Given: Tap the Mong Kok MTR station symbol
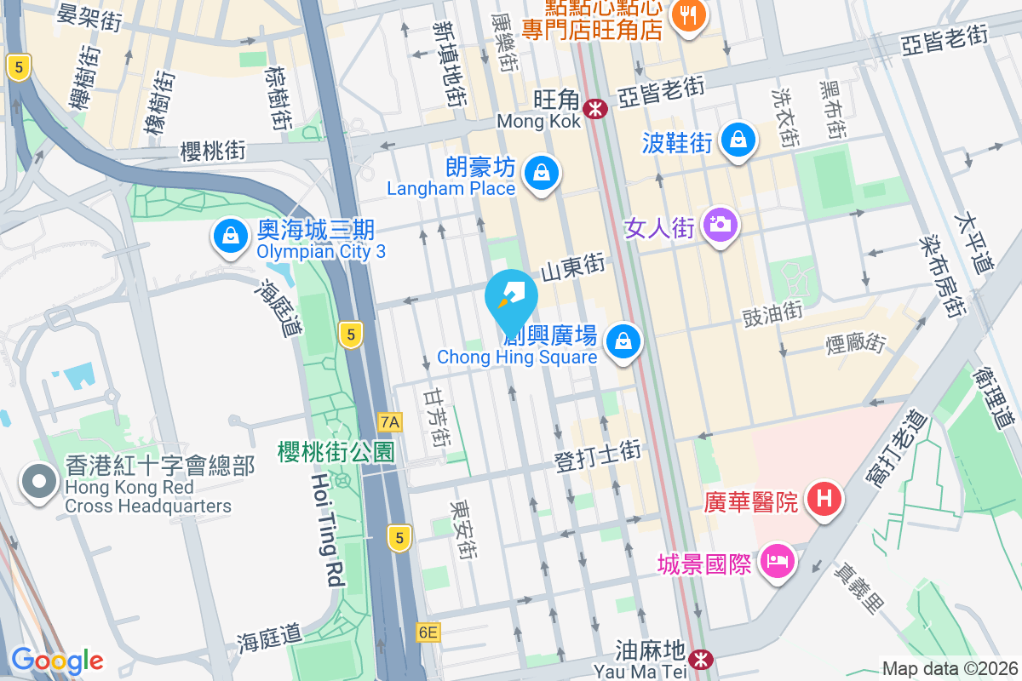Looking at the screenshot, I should tap(594, 107).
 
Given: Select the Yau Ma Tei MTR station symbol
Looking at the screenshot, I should tap(701, 659).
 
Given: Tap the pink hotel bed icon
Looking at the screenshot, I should tap(775, 561).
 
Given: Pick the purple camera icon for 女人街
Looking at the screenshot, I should tap(721, 224).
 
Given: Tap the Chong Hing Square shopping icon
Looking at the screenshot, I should tap(624, 342).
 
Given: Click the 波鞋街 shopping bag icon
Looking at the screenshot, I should tap(738, 138).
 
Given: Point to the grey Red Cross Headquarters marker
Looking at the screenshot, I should tap(39, 484).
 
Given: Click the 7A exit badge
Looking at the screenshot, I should tap(390, 421).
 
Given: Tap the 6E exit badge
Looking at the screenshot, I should tap(428, 632).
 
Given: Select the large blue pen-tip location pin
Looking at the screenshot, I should tap(511, 298).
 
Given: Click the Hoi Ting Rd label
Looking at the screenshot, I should tap(328, 532).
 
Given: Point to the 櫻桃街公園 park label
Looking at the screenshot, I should tap(336, 452).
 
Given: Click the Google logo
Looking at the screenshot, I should tap(57, 661).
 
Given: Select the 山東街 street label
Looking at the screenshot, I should tap(573, 266).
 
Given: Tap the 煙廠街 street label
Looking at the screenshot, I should tap(856, 344).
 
